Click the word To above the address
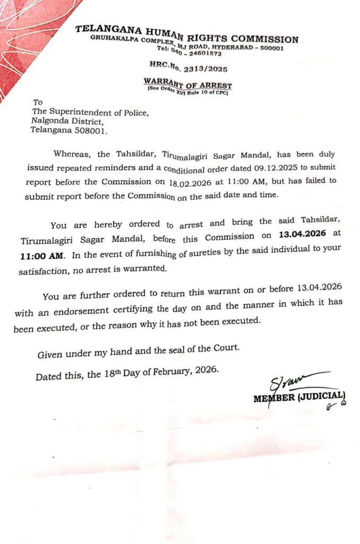(38, 102)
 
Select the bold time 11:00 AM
(41, 256)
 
